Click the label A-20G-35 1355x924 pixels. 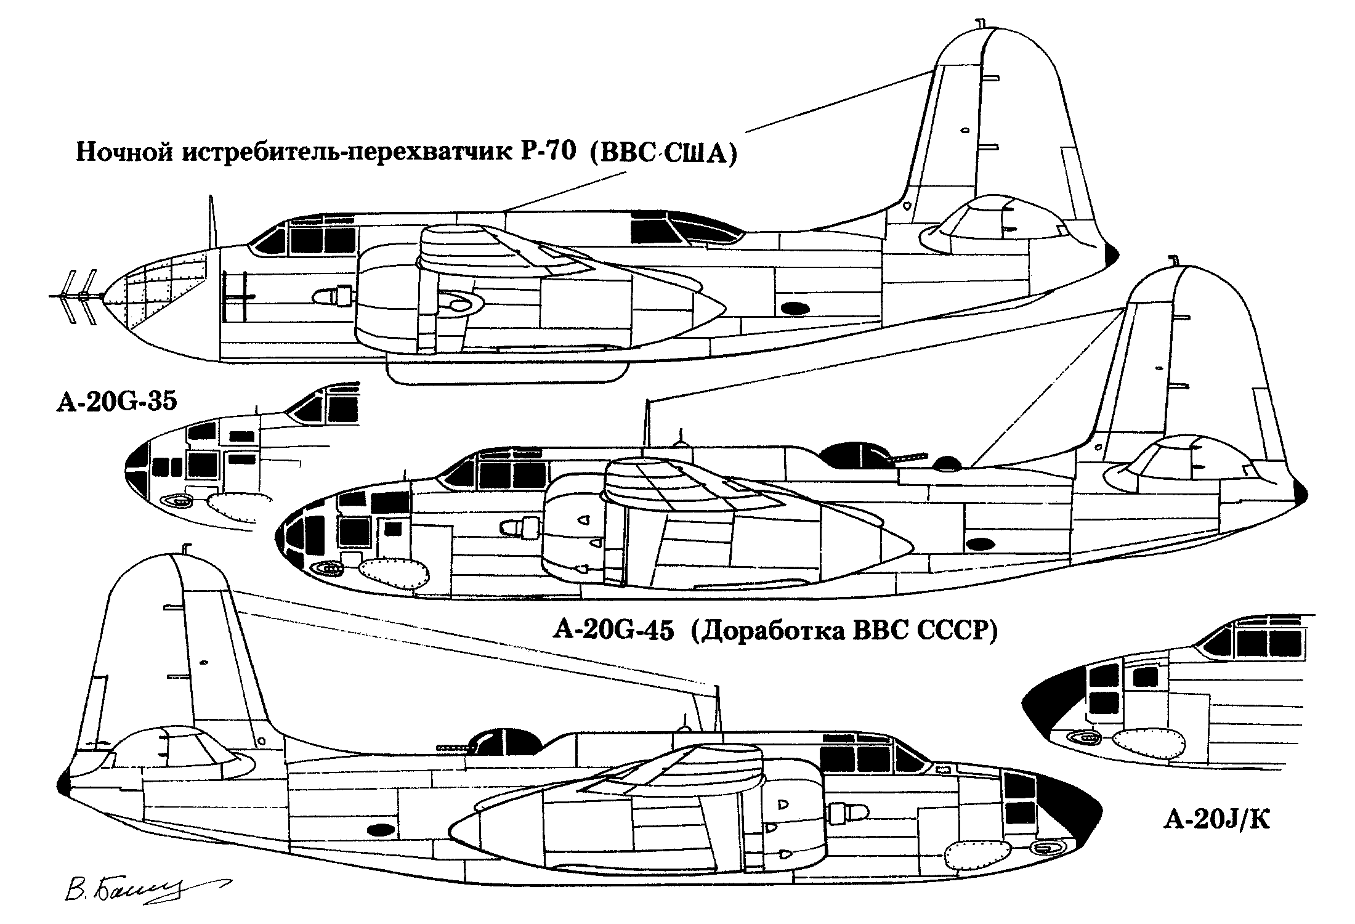pos(117,401)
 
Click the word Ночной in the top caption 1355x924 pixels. pos(123,152)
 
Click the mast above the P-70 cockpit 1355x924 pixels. pos(212,222)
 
